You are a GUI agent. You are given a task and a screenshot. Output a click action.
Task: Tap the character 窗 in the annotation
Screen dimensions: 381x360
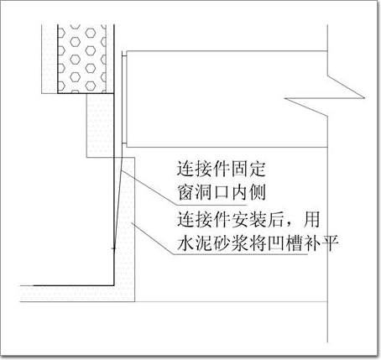[185, 192]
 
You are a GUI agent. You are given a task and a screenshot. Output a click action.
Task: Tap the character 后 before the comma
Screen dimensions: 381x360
[276, 219]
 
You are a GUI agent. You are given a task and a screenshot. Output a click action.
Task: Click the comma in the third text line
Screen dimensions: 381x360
[292, 225]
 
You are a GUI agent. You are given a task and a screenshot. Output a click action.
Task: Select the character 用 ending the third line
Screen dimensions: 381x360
[311, 219]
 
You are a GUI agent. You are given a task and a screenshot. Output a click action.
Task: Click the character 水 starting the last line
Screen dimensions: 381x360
[185, 243]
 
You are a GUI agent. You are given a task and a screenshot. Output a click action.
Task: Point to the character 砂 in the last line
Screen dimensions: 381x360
[221, 243]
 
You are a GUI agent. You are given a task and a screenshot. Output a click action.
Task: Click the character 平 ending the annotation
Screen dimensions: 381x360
[330, 243]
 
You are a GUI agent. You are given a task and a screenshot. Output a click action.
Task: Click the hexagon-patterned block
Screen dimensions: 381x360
[81, 59]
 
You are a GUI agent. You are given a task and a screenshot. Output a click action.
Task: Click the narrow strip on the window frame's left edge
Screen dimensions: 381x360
[124, 99]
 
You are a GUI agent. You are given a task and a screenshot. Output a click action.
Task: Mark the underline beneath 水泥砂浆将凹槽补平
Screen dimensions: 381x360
[241, 254]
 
